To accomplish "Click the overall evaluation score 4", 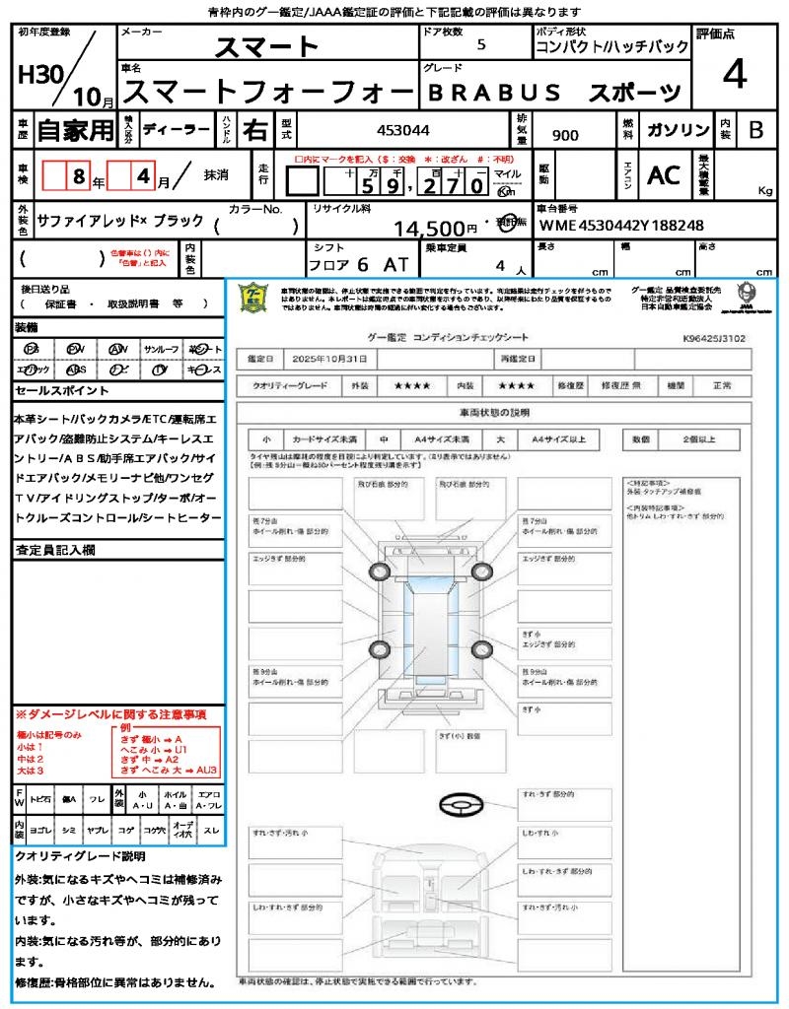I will (734, 75).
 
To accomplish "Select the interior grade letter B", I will (755, 129).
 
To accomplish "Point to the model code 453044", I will (403, 129).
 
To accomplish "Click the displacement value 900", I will (565, 136).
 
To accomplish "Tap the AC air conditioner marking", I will (664, 175).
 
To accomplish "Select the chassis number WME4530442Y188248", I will (621, 226).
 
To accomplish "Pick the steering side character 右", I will (254, 129).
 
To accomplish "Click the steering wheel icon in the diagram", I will (462, 806).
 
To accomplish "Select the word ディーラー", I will (176, 129).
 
